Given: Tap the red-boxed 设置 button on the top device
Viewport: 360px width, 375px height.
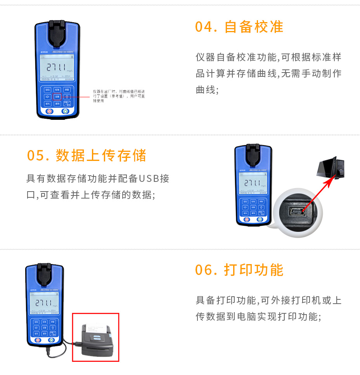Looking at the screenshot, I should [57, 97].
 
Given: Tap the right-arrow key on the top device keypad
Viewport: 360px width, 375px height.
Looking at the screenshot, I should [47, 97].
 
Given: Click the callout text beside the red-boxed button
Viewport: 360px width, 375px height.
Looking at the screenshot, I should [118, 96].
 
